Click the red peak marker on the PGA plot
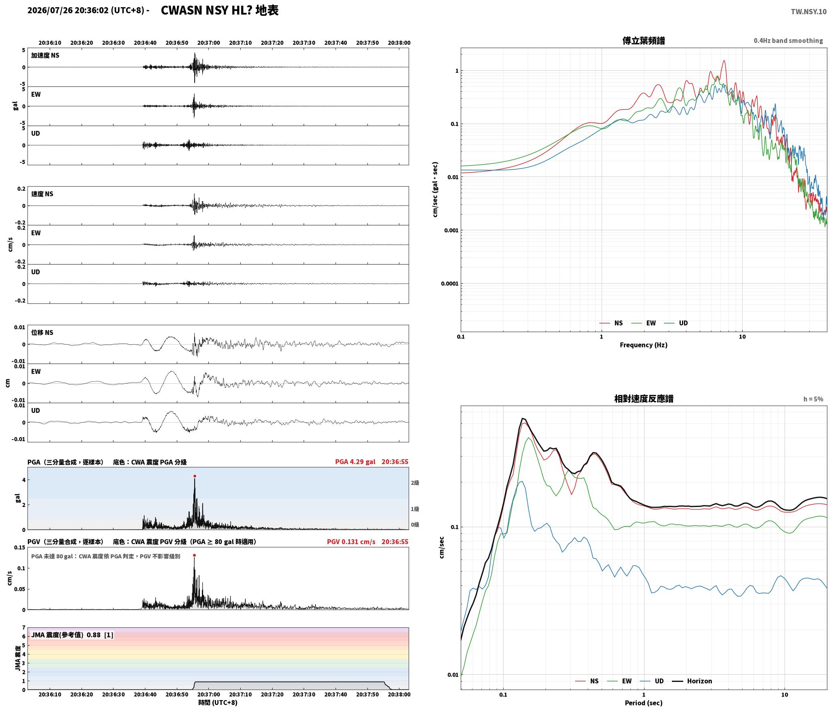point(195,476)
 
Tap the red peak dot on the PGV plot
point(194,555)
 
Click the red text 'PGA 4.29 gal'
point(355,462)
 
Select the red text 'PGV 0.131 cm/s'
point(351,542)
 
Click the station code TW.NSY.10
point(808,12)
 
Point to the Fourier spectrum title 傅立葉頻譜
point(644,41)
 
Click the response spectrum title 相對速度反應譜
point(644,399)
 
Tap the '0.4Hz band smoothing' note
point(788,41)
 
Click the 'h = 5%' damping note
point(813,399)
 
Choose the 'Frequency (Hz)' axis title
point(644,345)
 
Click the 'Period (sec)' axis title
point(644,703)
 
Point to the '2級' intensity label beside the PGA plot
point(415,483)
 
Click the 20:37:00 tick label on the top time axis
point(209,43)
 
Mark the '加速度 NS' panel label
point(45,55)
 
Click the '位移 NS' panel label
point(42,332)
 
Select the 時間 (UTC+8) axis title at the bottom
point(218,703)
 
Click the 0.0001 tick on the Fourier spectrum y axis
point(450,284)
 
